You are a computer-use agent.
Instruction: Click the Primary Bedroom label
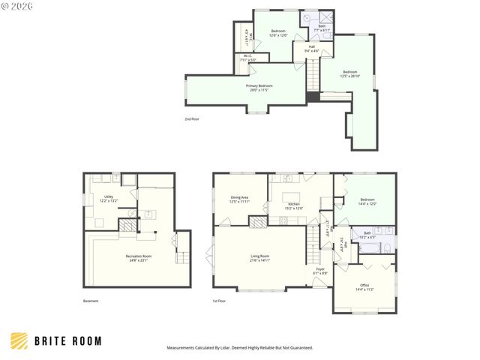259,88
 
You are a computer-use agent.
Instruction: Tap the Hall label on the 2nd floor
311,49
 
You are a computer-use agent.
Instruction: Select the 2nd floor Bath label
322,28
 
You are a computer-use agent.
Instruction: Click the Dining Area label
239,199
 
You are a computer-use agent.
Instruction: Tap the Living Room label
260,259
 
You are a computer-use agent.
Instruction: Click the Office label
364,286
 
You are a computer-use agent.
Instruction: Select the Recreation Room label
139,258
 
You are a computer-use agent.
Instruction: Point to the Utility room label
109,199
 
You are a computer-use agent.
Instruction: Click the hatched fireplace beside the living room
259,221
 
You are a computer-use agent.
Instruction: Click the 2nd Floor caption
193,119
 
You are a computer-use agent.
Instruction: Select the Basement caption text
90,301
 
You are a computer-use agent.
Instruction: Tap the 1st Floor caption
220,301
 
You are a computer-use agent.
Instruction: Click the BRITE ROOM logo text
67,340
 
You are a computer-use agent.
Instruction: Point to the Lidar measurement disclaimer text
239,348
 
